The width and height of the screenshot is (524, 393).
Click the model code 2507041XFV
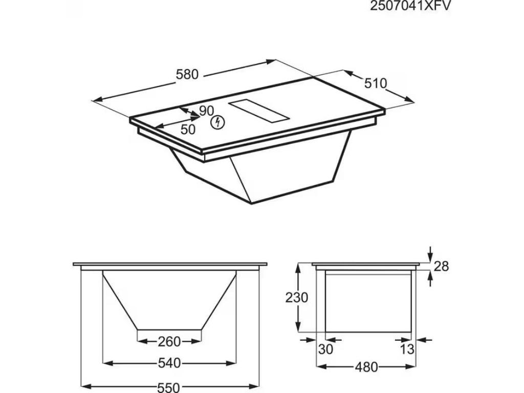tap(410, 6)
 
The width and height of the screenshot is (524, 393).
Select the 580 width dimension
tap(187, 74)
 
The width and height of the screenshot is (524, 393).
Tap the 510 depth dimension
tap(375, 83)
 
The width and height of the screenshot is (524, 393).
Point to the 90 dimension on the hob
tap(206, 111)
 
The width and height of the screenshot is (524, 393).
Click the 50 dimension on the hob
tap(187, 129)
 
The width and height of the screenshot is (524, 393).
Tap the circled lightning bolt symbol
tap(217, 123)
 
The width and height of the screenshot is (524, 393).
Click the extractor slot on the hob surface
tap(258, 111)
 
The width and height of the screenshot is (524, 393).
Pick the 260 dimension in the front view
tap(169, 341)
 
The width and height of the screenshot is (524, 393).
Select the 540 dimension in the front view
tap(169, 363)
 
